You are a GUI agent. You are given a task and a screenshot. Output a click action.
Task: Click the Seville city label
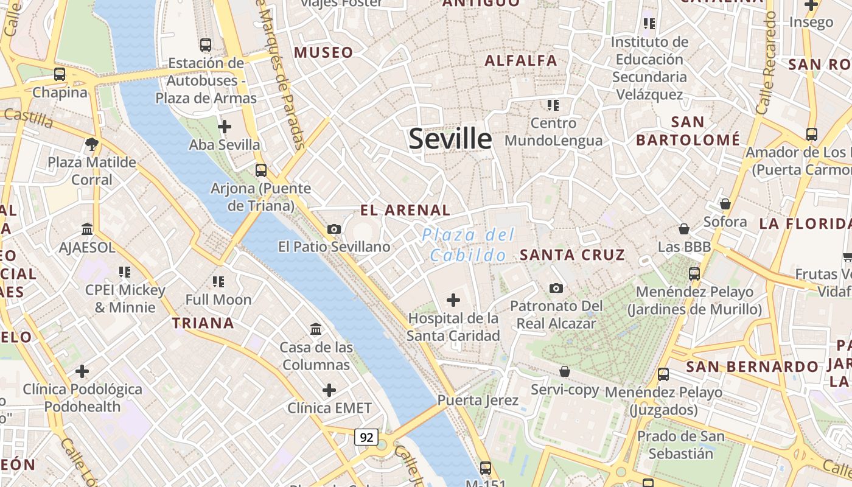pos(450,139)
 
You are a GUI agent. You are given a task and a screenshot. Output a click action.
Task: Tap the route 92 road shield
pos(366,437)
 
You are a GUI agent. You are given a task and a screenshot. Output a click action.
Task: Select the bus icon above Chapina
pos(60,74)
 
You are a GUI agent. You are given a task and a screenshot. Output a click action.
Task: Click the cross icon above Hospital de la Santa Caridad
pos(453,300)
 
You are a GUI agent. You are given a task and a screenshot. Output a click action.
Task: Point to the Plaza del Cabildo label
pos(468,245)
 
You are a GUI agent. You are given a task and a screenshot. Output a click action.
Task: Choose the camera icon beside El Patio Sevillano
pos(334,229)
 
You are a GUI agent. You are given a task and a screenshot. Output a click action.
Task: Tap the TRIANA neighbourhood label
pos(203,323)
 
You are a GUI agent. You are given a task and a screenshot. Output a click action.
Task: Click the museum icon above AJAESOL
pos(87,229)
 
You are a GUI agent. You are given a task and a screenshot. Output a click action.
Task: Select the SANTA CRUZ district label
pos(572,255)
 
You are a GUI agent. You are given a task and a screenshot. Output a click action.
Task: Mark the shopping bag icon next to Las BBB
pos(684,229)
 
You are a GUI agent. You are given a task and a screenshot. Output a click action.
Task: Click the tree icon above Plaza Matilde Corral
pos(92,144)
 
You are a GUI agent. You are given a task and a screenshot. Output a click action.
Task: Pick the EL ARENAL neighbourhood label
pos(405,211)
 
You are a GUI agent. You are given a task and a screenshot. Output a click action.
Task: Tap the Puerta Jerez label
pos(478,400)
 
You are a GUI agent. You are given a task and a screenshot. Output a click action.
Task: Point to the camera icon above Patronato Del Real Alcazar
pos(556,288)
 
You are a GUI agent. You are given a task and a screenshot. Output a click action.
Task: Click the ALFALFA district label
pos(521,60)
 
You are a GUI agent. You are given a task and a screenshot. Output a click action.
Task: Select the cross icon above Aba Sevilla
pos(225,127)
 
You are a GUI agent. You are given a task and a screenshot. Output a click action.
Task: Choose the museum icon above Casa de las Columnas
pos(316,329)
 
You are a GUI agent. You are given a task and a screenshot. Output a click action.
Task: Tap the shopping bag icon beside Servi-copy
pos(565,371)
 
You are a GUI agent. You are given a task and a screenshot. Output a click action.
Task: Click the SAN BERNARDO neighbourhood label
pos(752,366)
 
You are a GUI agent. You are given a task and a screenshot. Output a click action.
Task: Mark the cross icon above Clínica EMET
pos(329,390)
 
